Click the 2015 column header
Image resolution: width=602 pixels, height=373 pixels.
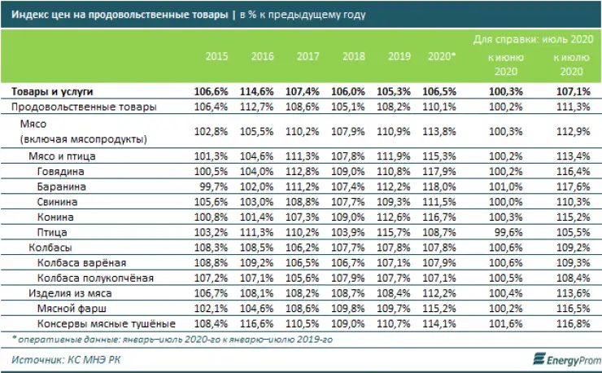[216, 58]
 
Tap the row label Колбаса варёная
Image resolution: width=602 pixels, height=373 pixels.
[81, 262]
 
